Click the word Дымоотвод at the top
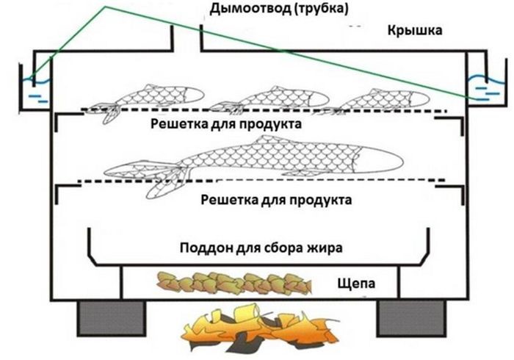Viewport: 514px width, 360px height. [x=250, y=9]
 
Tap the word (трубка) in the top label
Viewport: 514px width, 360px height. [x=321, y=9]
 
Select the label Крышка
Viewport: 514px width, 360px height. [x=415, y=31]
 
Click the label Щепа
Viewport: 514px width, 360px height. [x=356, y=283]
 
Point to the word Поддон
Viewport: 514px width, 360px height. [x=206, y=248]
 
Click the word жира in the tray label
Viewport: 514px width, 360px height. [x=325, y=248]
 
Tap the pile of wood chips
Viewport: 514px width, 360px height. [x=234, y=283]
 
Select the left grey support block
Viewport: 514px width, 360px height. [x=112, y=318]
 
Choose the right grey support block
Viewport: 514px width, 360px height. [x=411, y=318]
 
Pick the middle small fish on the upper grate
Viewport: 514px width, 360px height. [x=269, y=100]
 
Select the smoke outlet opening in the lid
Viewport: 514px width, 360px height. [x=187, y=37]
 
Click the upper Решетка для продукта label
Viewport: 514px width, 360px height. [x=226, y=125]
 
